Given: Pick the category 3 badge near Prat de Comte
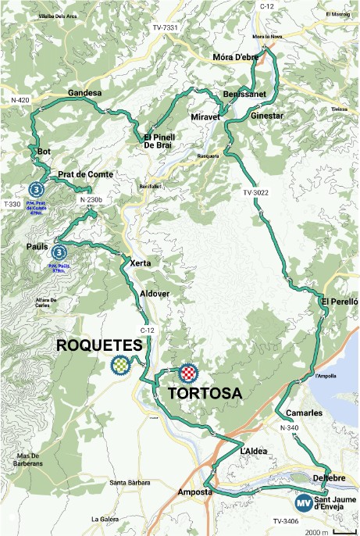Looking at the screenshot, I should tap(35, 188).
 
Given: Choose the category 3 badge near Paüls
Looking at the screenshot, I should tap(59, 252).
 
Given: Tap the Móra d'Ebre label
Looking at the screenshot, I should tap(235, 59).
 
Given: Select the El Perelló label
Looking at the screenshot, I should tap(339, 301).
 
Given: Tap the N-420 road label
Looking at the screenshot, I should tap(20, 101).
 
